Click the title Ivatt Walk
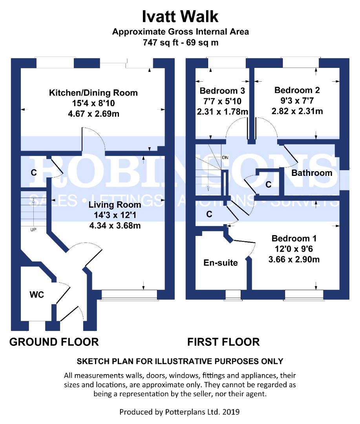click(x=180, y=17)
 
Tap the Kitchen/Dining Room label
click(x=93, y=93)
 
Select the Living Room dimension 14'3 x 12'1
click(x=115, y=215)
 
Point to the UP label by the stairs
click(x=33, y=229)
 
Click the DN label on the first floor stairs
click(x=225, y=157)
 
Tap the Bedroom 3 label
click(x=222, y=91)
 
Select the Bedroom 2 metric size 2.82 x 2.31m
click(x=297, y=111)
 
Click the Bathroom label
click(x=312, y=173)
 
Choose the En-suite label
click(x=220, y=263)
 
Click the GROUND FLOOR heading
click(x=54, y=342)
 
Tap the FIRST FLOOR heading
click(x=223, y=342)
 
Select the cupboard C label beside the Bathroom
click(x=268, y=185)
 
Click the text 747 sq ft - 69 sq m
click(x=180, y=42)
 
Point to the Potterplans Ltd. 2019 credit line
click(x=180, y=412)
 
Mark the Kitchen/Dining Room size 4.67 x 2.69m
click(x=93, y=114)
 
